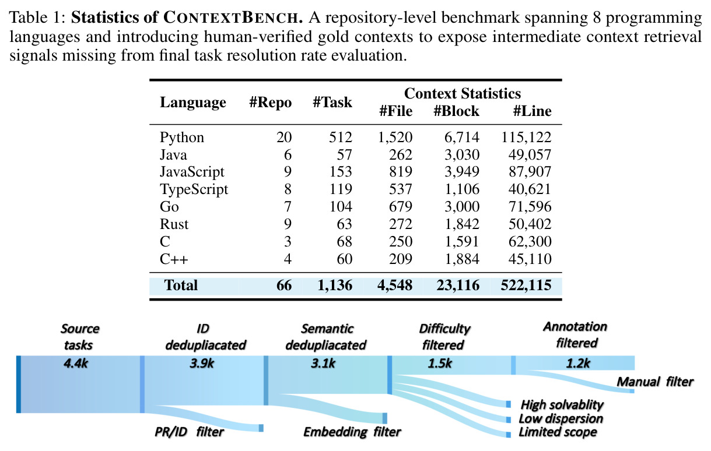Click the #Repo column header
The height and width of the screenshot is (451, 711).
pos(271,103)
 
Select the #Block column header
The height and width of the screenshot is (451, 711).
pos(457,111)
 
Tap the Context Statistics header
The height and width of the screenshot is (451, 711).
pos(463,94)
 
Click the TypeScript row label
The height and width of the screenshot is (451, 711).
pos(194,189)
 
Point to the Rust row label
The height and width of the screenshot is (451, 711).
pos(174,224)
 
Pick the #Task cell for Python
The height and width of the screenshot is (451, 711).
pos(341,138)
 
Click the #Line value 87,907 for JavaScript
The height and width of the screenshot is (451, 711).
pos(530,172)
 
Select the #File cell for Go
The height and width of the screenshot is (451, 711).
pos(401,207)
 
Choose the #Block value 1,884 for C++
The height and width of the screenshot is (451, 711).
pos(462,259)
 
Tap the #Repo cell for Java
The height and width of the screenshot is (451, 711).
pos(288,155)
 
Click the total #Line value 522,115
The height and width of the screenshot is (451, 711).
pos(526,286)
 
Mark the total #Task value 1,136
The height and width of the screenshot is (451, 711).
pos(335,286)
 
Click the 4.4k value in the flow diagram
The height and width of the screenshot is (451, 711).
pos(76,364)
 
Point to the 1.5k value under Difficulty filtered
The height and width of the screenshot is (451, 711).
pos(440,364)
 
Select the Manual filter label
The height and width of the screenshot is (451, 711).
pos(655,382)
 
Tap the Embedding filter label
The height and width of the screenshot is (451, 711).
pos(352,432)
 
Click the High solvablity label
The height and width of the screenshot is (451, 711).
pos(562,405)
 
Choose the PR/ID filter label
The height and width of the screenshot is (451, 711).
pos(189,432)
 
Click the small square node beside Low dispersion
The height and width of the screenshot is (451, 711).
pos(509,420)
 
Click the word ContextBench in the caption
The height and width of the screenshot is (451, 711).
pos(234,17)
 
